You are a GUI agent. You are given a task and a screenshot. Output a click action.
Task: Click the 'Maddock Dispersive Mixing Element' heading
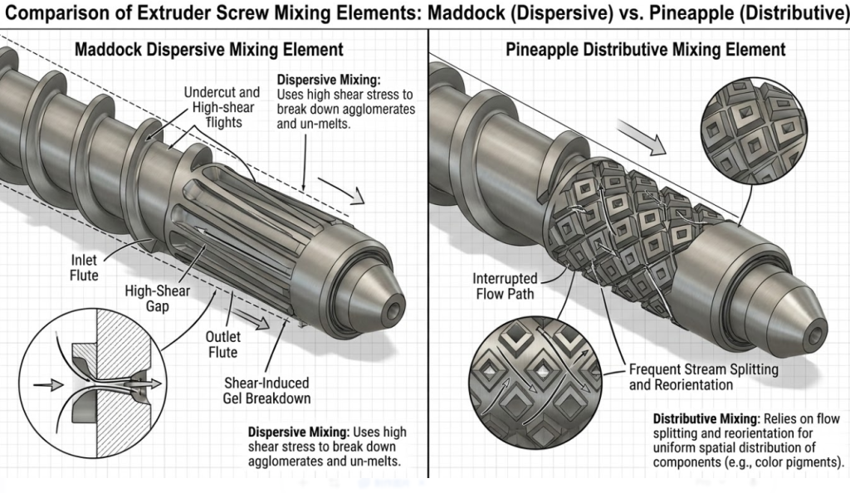pos(208,50)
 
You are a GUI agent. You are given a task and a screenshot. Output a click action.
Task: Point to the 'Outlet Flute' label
pos(222,344)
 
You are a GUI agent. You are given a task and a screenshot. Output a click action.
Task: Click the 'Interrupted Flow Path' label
pos(505,286)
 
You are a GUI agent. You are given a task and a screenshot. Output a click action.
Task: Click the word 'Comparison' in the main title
pos(62,13)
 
